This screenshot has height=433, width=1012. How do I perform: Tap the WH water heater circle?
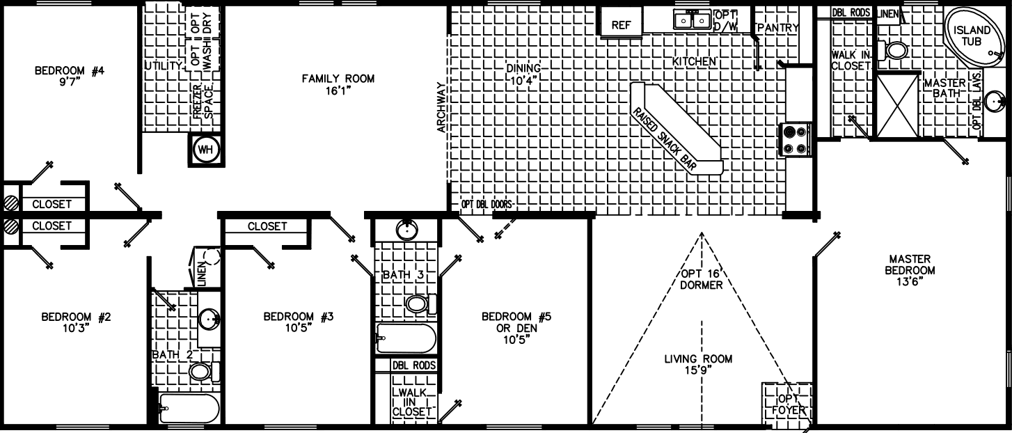(206, 150)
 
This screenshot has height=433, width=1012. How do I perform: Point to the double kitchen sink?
(691, 21)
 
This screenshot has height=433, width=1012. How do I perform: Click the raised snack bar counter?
(677, 130)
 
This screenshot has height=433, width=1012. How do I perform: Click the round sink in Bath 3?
(406, 229)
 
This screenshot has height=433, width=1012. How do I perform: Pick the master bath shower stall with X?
(897, 105)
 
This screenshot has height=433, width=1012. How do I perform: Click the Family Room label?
(338, 79)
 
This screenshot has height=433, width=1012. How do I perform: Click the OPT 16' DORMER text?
(702, 279)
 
